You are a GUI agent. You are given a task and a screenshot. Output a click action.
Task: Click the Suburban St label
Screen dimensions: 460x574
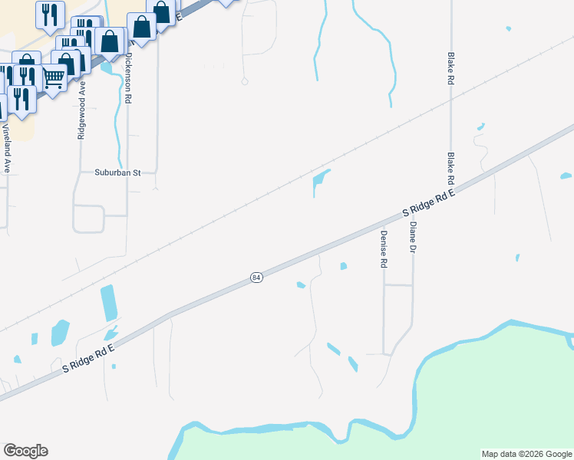tap(118, 173)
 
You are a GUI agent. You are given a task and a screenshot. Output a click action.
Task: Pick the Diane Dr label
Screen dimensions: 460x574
tap(413, 238)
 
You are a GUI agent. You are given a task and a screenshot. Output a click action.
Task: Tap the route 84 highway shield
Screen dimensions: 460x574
tap(256, 277)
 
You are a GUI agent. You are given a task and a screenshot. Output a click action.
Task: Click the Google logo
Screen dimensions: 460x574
tap(25, 451)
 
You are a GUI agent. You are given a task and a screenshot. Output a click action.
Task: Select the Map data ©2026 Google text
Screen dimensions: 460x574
tap(526, 454)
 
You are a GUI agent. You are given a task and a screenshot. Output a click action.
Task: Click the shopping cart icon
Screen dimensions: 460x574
tap(53, 77)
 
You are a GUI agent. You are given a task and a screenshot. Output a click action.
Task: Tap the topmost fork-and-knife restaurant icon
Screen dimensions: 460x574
tap(50, 13)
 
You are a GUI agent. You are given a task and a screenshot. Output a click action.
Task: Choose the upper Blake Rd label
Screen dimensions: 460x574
tap(451, 69)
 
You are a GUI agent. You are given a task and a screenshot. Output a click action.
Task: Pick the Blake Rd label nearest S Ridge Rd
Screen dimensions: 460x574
tap(451, 170)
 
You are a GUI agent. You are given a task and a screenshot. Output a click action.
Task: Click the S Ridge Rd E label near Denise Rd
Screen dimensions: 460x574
tap(430, 204)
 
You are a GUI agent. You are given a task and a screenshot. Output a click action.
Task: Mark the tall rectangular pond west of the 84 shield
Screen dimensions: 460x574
tap(109, 303)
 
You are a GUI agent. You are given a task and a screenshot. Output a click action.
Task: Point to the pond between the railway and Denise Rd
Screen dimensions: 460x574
tap(319, 182)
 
